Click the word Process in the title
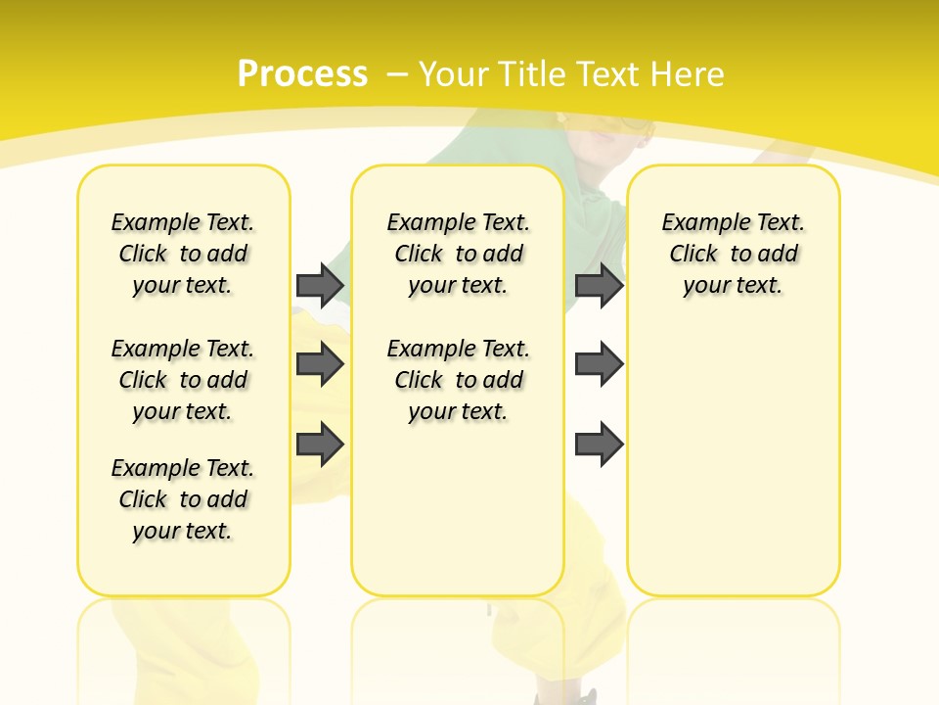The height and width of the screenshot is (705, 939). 302,74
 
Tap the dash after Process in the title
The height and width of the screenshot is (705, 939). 396,74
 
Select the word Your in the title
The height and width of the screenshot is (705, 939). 454,74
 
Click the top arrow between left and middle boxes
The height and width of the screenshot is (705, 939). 320,285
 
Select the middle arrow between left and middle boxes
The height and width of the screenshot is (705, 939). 320,364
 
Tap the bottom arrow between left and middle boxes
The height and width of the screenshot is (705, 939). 320,444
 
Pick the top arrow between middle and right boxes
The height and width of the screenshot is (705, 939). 599,285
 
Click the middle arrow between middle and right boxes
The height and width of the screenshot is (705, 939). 599,364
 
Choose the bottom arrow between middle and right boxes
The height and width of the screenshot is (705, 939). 599,444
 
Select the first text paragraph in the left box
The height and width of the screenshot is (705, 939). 183,254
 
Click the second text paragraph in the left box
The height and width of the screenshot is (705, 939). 183,380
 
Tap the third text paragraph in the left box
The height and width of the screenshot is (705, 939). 183,499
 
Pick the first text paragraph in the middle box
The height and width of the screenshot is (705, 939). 458,254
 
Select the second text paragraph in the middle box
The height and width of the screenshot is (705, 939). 458,380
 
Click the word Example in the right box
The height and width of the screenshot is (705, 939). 699,223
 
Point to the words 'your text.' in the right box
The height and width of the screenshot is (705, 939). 733,286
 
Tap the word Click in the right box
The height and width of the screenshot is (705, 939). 693,255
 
